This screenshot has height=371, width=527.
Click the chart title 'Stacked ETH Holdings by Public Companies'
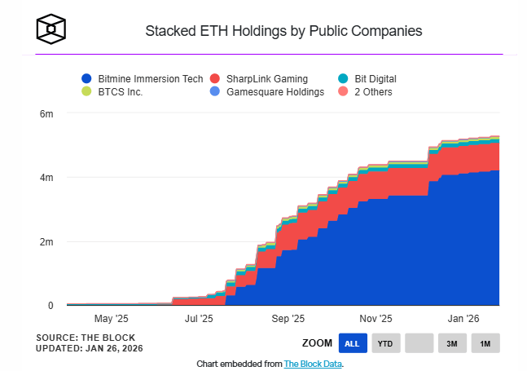[283, 32]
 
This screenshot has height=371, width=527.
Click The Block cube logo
[51, 29]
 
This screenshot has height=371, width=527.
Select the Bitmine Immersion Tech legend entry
[141, 79]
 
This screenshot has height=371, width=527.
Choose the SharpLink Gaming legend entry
[258, 79]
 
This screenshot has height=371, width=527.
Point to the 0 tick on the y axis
[50, 306]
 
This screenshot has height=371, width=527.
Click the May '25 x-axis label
[111, 319]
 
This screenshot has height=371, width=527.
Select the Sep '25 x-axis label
[287, 319]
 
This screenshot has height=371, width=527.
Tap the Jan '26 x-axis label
[463, 319]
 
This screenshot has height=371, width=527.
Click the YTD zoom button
[385, 343]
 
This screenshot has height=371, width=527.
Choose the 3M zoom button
[451, 343]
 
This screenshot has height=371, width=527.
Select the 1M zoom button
[485, 343]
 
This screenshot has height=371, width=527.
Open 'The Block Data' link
[313, 364]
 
